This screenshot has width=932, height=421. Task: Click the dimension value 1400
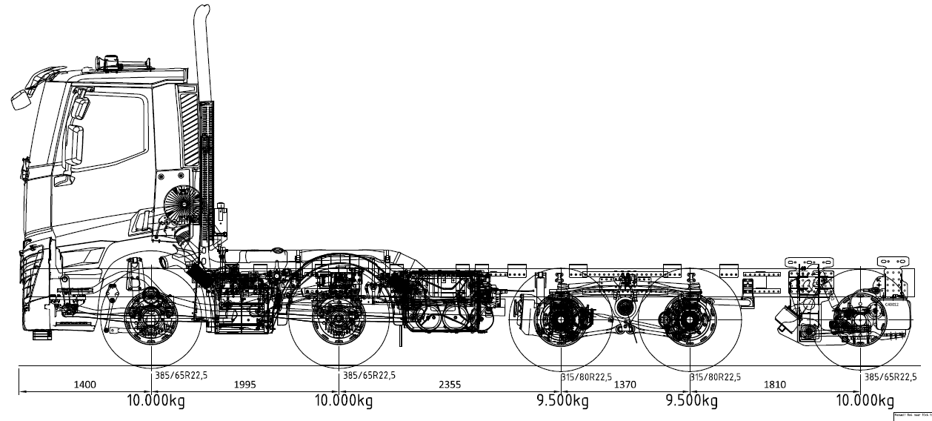click(x=84, y=385)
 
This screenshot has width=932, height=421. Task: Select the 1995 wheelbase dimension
click(x=245, y=385)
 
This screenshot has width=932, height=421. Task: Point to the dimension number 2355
click(x=449, y=385)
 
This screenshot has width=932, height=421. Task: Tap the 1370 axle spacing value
click(x=625, y=385)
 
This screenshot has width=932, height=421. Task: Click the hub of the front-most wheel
click(x=152, y=320)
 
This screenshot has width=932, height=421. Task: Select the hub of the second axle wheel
click(x=339, y=320)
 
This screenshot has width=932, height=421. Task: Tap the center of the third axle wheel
click(x=560, y=321)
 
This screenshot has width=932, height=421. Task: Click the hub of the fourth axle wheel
click(x=690, y=321)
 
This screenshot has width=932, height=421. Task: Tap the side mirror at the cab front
click(x=20, y=98)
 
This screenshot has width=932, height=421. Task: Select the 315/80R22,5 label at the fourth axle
click(x=716, y=377)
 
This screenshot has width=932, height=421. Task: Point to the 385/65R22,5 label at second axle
click(x=370, y=376)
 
